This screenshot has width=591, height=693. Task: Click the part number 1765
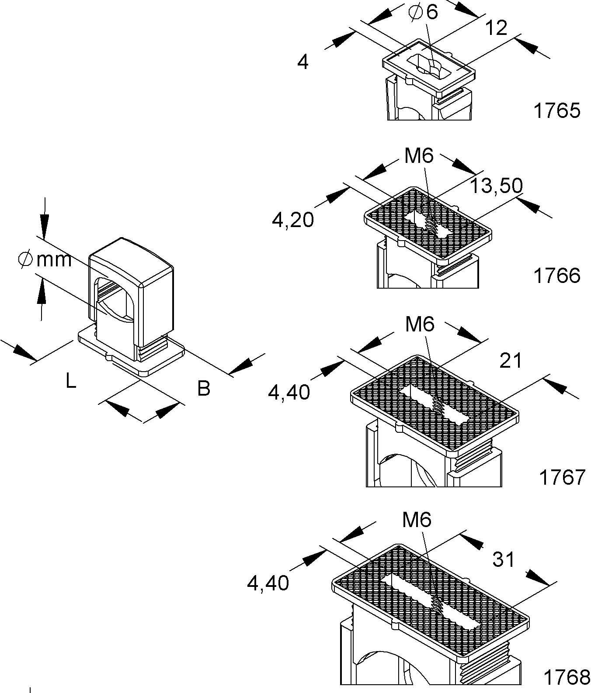556,111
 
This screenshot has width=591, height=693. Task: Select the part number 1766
556,276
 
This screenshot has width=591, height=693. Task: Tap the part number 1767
562,477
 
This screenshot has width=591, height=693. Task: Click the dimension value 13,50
496,186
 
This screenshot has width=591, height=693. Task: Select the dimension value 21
511,361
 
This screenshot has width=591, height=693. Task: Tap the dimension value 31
504,559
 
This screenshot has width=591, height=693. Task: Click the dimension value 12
496,28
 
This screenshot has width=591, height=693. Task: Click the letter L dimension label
71,381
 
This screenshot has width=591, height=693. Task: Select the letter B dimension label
204,389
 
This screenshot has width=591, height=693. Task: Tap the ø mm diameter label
45,260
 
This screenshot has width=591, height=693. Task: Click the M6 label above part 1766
419,156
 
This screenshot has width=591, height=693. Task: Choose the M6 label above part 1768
417,520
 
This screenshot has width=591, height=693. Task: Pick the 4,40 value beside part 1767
289,392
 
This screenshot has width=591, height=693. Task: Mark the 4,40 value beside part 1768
268,583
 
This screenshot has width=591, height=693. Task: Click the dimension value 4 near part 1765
302,62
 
